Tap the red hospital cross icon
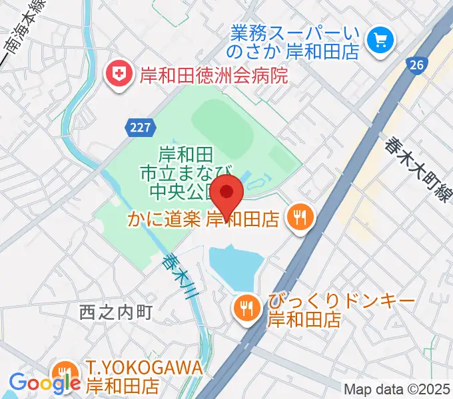(121, 73)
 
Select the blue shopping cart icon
(382, 41)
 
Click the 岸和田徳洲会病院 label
(213, 74)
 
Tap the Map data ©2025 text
(396, 388)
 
